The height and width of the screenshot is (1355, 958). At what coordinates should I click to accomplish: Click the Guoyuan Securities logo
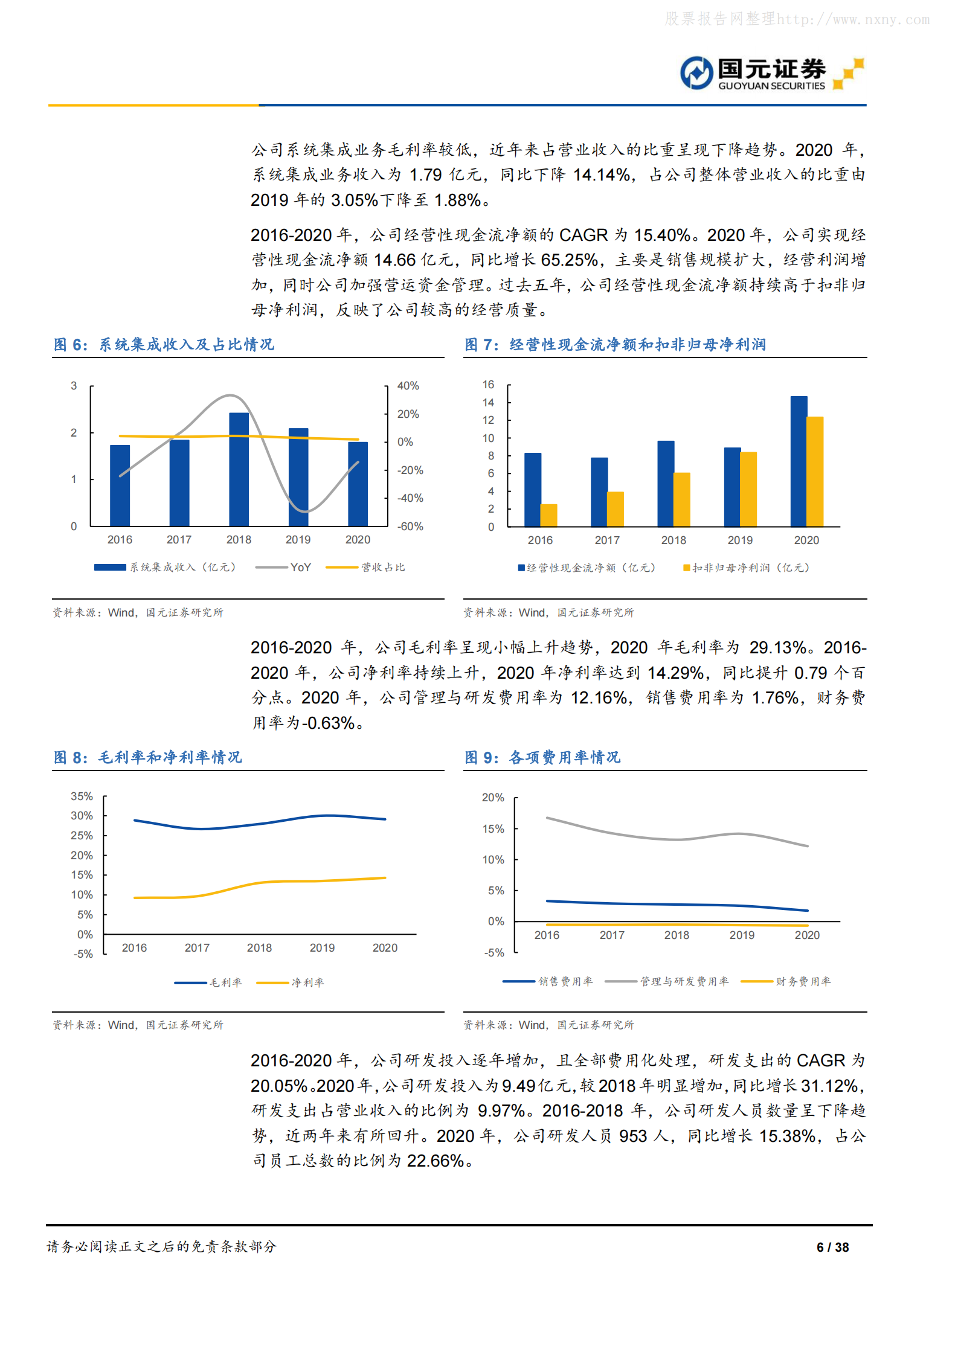(x=771, y=74)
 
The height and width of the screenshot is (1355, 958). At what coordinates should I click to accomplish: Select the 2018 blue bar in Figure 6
(x=239, y=469)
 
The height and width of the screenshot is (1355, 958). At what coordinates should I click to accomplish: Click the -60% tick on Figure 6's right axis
(x=410, y=527)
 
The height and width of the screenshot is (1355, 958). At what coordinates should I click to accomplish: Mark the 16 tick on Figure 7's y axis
(x=488, y=385)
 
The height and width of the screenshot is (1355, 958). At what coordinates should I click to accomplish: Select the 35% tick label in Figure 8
(x=82, y=796)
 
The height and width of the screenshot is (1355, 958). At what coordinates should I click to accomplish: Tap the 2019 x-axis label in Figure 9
(x=742, y=935)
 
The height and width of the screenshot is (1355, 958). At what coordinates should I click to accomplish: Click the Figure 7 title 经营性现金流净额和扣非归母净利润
(x=637, y=345)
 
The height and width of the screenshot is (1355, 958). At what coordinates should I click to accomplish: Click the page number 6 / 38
(x=832, y=1247)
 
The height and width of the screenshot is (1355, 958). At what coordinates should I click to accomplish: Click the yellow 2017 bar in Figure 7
(x=616, y=509)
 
